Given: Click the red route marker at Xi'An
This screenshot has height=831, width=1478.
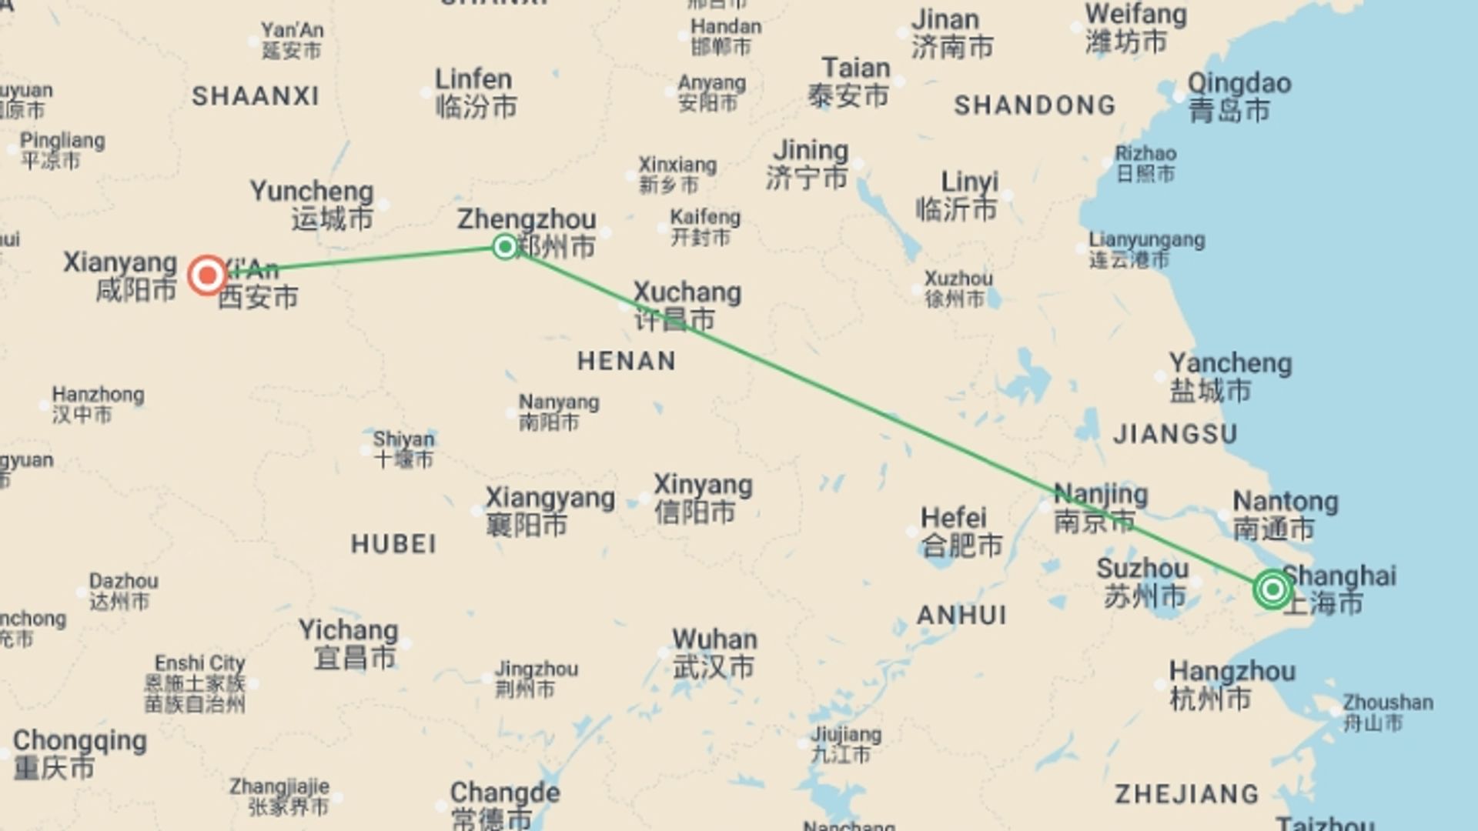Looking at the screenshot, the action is [x=207, y=275].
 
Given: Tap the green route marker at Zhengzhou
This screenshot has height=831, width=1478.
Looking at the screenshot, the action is [x=505, y=246].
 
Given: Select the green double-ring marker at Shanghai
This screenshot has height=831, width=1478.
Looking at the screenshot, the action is [x=1272, y=589].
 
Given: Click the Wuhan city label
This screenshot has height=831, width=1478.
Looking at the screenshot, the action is [x=714, y=653].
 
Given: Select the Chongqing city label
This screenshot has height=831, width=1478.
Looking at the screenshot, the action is [x=79, y=753].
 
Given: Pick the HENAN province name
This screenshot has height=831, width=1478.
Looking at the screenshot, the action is [x=627, y=361].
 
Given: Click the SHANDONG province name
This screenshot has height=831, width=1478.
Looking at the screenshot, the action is [x=1034, y=105].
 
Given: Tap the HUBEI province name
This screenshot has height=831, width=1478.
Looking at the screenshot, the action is [x=393, y=544].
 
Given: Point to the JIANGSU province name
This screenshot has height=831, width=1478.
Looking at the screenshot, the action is [x=1175, y=434].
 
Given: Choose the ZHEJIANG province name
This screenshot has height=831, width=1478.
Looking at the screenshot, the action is [x=1186, y=794].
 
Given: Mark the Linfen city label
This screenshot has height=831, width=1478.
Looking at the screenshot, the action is [x=474, y=92].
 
